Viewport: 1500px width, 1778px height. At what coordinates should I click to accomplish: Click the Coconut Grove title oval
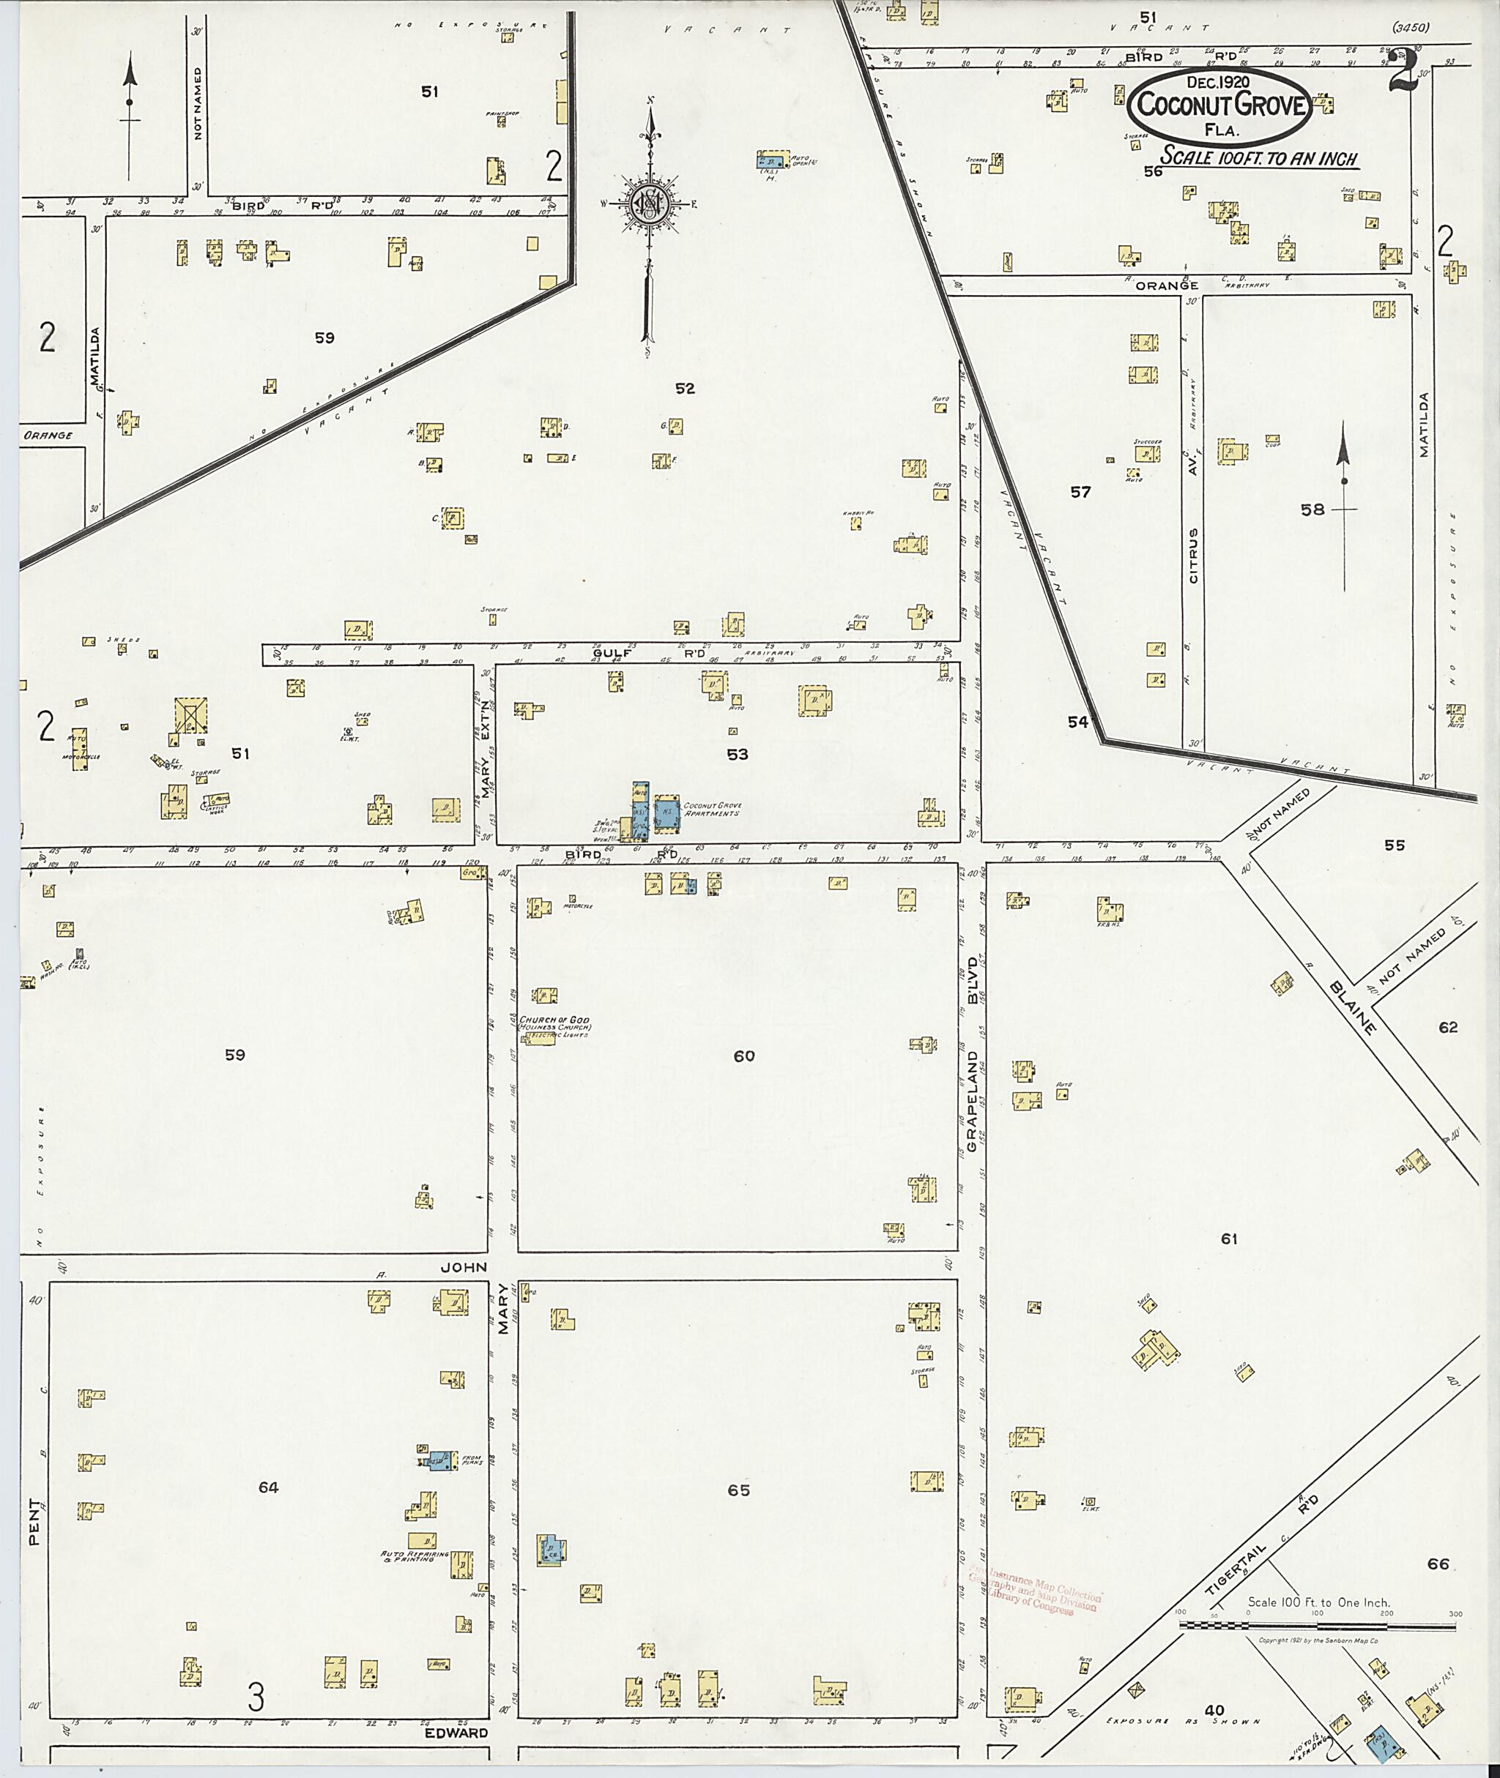(1219, 106)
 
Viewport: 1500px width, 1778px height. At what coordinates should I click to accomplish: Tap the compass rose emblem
(650, 202)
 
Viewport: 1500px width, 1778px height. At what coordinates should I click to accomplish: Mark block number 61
(1229, 1239)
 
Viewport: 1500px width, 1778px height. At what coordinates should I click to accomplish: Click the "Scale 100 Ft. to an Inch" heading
(1259, 159)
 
